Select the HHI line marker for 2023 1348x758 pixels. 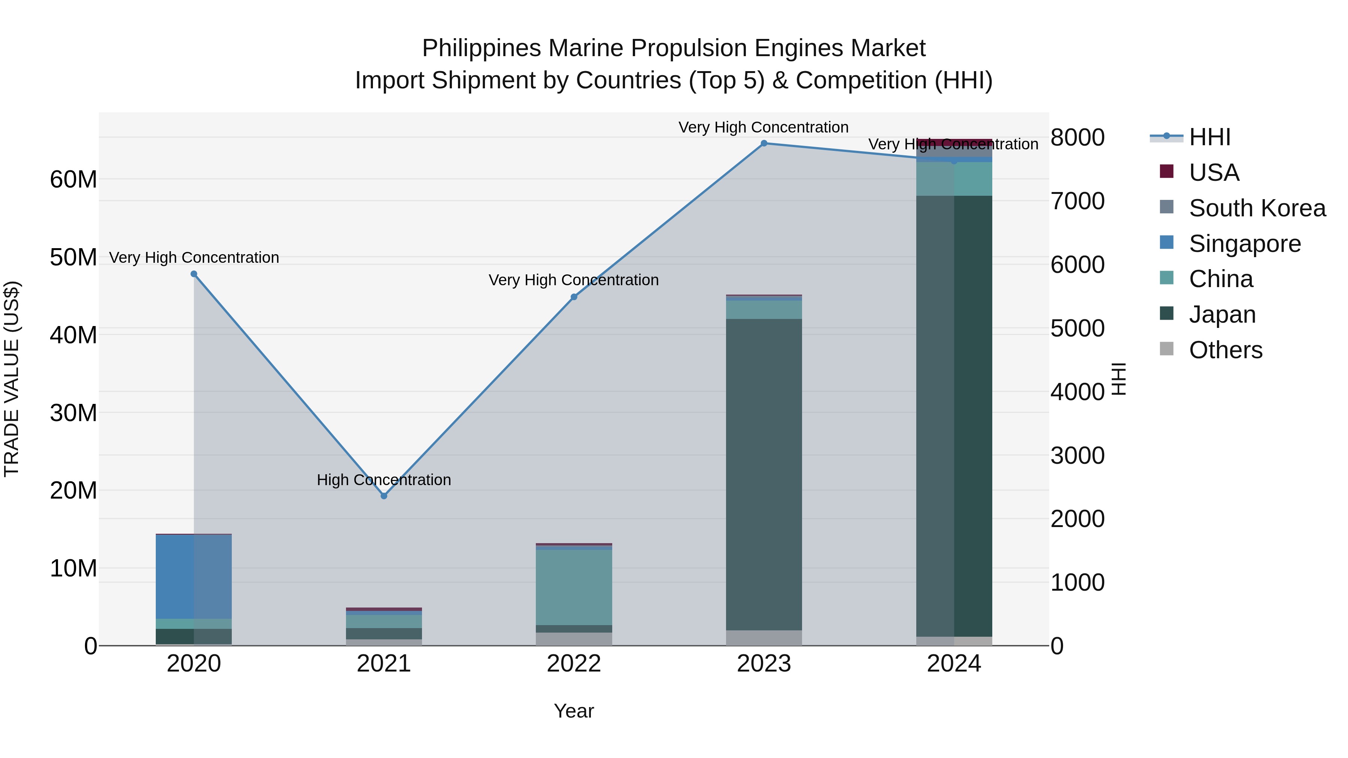tap(764, 143)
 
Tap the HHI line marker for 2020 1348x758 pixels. tap(194, 274)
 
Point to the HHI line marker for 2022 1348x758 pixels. tap(574, 297)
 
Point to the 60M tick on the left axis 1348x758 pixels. tap(73, 179)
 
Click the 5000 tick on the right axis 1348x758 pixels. tap(1077, 329)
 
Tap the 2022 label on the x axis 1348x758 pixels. tap(574, 664)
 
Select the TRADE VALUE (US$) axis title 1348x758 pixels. tap(12, 379)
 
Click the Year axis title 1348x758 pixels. tap(574, 711)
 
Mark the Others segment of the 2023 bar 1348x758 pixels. tap(764, 638)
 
